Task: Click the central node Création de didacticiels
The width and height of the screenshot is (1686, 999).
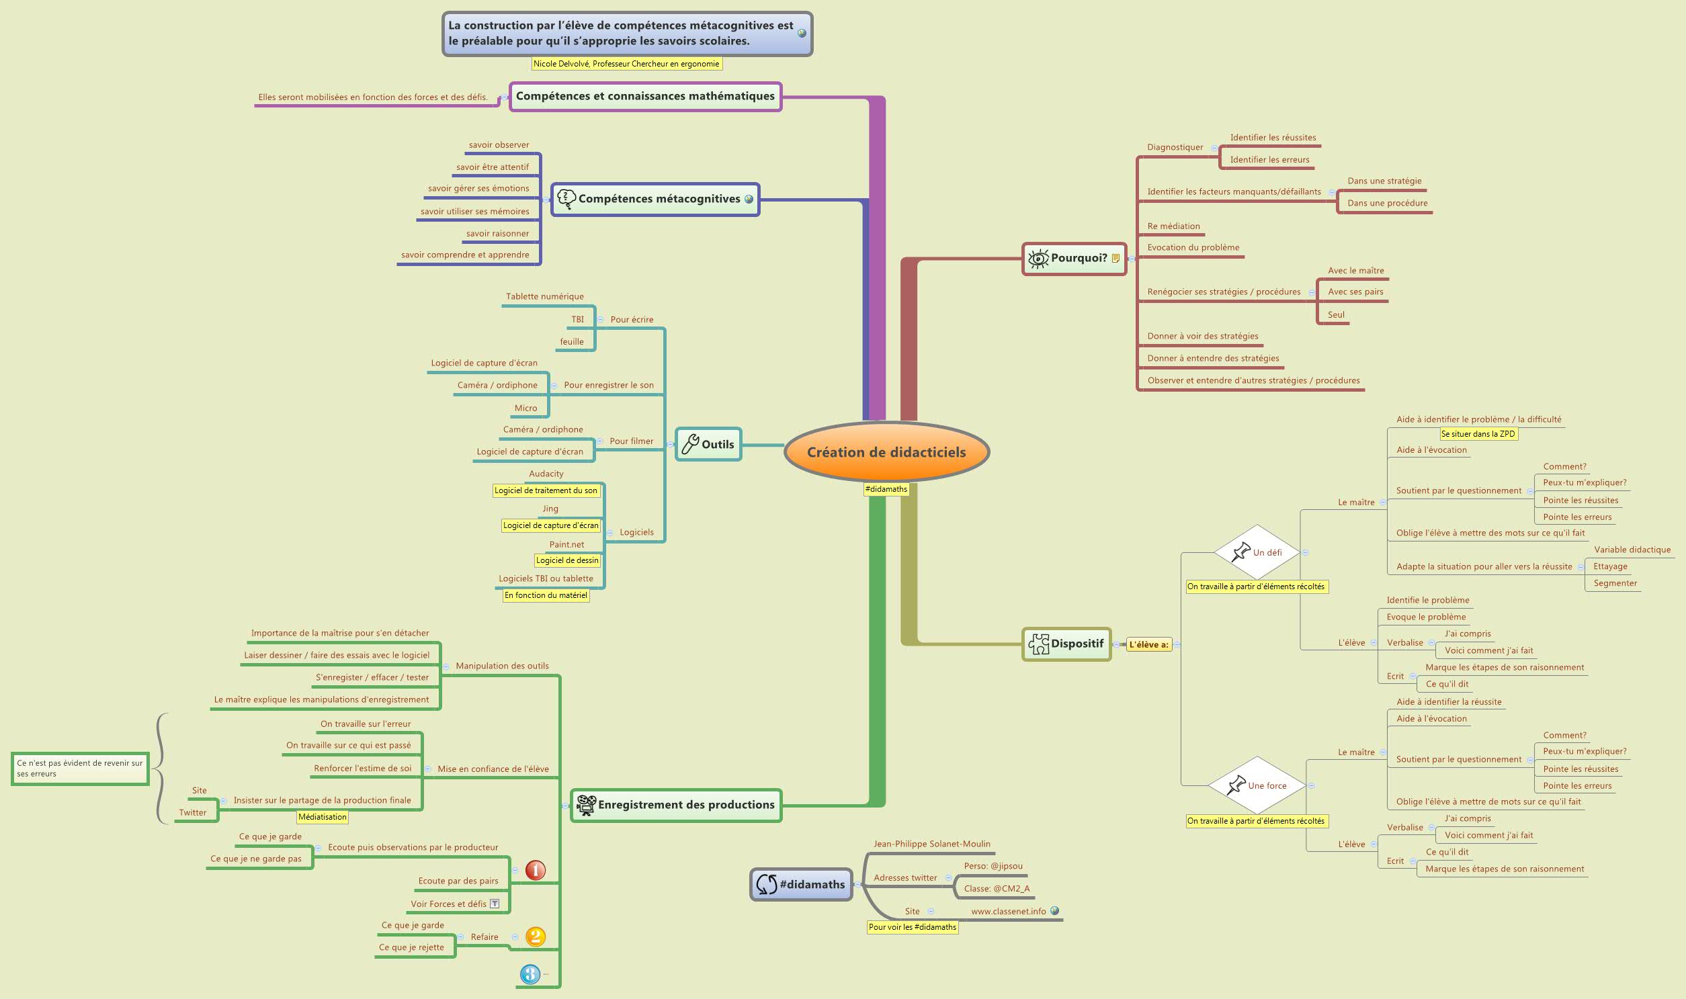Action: (x=886, y=451)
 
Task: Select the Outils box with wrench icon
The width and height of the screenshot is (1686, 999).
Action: (x=708, y=444)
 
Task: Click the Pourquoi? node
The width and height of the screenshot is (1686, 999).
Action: (x=1074, y=259)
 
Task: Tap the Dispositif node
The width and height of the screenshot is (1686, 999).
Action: (x=1066, y=644)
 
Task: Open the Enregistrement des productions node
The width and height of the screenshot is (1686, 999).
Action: (x=676, y=805)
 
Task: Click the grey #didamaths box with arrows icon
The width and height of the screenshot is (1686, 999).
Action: (x=801, y=884)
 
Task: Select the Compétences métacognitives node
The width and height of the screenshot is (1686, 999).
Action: (x=655, y=200)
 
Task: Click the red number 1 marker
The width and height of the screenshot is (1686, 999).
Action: (x=536, y=871)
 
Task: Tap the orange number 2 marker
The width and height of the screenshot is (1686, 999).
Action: (x=536, y=937)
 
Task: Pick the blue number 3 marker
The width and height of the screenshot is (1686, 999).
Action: (x=531, y=973)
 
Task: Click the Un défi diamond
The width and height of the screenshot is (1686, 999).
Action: (x=1257, y=552)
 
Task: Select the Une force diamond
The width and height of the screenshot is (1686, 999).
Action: (x=1257, y=785)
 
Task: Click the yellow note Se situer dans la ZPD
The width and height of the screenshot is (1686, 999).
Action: (x=1478, y=434)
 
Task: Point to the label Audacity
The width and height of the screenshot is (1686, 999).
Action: (x=546, y=474)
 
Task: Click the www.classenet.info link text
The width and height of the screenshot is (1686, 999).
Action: (x=1008, y=912)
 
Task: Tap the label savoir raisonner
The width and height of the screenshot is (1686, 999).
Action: (x=497, y=234)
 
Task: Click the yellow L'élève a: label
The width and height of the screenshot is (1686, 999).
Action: (x=1148, y=644)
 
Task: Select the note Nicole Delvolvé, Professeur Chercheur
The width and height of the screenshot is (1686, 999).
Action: (x=626, y=64)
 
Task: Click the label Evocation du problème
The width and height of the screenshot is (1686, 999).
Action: (x=1193, y=247)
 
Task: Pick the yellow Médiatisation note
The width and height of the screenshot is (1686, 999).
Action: (x=323, y=816)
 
